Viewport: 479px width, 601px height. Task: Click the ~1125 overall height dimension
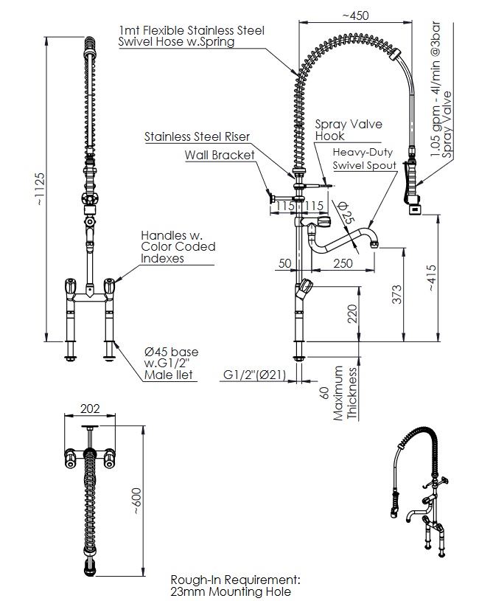click(x=40, y=189)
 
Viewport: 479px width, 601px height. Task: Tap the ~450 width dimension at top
click(x=355, y=15)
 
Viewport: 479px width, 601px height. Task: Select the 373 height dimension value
click(x=397, y=294)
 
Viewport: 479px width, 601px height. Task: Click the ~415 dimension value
click(x=431, y=278)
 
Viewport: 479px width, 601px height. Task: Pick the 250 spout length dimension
click(x=343, y=263)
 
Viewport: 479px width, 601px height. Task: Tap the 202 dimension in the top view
click(x=90, y=409)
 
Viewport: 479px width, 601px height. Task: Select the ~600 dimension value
click(x=136, y=501)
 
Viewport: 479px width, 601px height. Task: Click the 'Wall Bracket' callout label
click(x=220, y=155)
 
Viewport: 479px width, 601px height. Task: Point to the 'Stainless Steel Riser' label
click(x=197, y=136)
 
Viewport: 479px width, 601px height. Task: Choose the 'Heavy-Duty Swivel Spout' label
click(x=364, y=159)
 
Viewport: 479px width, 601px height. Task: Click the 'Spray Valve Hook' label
click(x=349, y=130)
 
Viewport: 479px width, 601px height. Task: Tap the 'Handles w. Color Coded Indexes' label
click(x=178, y=246)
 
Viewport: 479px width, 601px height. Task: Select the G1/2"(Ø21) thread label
click(x=254, y=375)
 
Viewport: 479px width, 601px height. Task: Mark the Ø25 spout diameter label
click(x=347, y=212)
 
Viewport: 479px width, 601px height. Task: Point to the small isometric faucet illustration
click(x=419, y=492)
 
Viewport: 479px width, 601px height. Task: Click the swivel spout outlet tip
click(x=377, y=243)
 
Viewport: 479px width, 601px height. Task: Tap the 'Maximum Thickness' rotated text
click(x=345, y=393)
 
